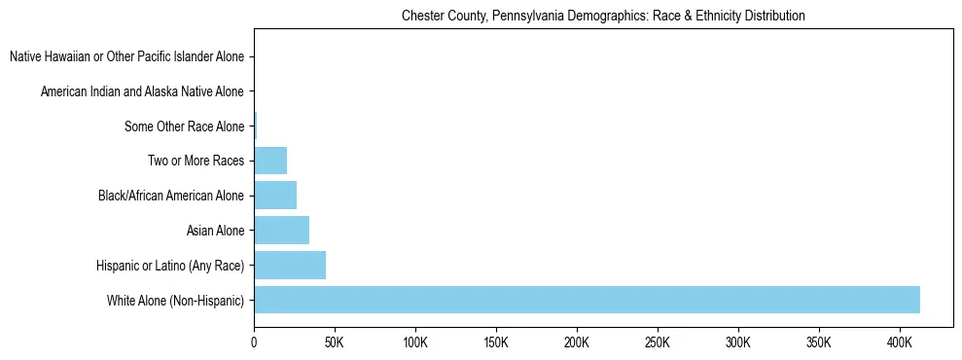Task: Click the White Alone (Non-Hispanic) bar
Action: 587,300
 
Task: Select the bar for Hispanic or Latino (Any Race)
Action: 290,266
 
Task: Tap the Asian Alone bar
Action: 281,231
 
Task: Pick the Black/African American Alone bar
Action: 275,196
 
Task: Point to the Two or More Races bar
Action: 270,161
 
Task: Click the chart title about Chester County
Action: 603,17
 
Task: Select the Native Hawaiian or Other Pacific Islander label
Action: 126,56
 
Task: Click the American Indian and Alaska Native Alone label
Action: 142,91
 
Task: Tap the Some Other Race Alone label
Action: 184,126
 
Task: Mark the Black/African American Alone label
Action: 171,196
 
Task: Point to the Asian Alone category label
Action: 215,231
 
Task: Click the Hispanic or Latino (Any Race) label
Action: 170,266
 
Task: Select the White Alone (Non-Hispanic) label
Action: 175,301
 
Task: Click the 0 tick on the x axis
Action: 254,342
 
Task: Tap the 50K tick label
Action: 335,342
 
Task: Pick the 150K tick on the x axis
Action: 496,342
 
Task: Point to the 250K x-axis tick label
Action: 658,342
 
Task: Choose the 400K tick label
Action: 900,342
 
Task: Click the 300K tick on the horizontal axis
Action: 738,342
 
